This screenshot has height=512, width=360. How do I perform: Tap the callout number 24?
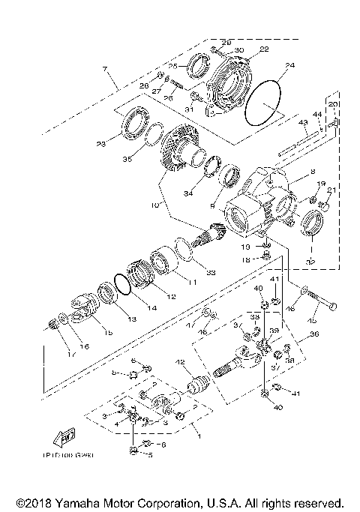289,66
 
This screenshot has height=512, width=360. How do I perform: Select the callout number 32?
309,262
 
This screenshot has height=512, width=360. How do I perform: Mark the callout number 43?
304,122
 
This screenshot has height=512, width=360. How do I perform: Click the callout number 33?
211,271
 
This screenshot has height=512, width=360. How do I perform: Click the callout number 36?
314,334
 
